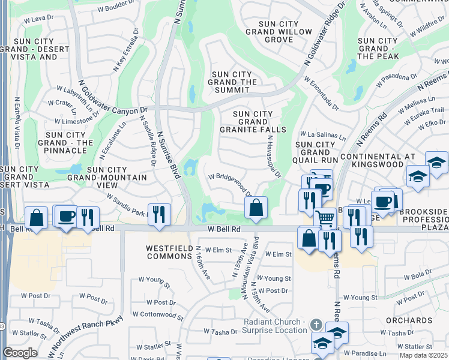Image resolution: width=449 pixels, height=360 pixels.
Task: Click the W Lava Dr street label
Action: [39, 19]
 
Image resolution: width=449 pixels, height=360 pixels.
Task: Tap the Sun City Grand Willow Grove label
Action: [270, 31]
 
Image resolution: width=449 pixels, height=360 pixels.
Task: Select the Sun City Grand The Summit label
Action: [233, 82]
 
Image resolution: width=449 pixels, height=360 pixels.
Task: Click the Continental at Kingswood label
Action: [377, 161]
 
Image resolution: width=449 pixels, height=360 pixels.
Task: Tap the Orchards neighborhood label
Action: [423, 320]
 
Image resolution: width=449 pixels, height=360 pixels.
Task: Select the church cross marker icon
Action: [316, 325]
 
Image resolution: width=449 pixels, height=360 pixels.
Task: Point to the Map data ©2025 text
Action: [423, 347]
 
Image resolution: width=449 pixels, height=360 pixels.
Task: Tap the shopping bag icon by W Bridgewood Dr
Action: [256, 208]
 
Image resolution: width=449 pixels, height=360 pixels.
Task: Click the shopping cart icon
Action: [325, 218]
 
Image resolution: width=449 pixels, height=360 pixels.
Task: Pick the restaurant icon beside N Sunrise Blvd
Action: [159, 214]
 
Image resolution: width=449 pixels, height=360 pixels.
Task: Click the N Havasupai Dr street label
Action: [274, 156]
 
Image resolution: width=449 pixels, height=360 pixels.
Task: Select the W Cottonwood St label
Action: [158, 314]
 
